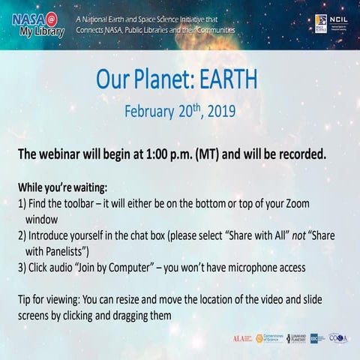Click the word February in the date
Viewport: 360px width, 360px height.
(150, 111)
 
